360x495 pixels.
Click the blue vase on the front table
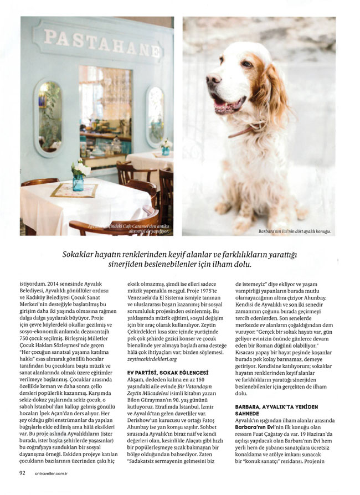(x=78, y=182)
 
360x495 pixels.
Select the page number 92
(x=23, y=473)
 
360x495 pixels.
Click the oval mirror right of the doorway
(x=155, y=116)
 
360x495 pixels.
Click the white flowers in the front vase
(x=81, y=168)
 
